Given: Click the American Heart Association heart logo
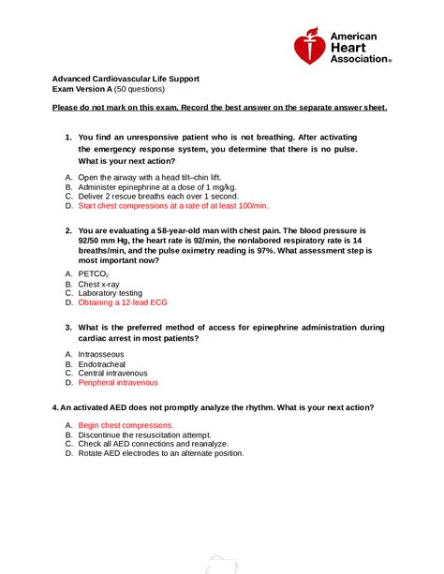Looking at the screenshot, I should pyautogui.click(x=310, y=45).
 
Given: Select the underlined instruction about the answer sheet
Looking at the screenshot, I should pyautogui.click(x=219, y=109).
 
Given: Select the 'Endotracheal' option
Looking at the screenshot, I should pyautogui.click(x=104, y=364).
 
